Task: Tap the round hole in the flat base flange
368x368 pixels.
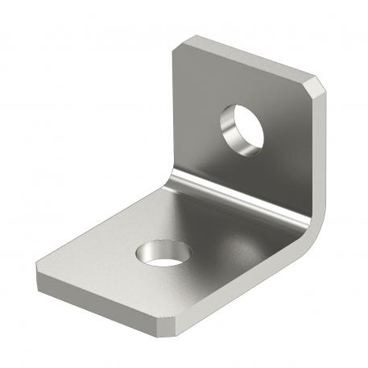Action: [x=163, y=254]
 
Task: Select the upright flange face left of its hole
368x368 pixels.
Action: [x=197, y=121]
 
